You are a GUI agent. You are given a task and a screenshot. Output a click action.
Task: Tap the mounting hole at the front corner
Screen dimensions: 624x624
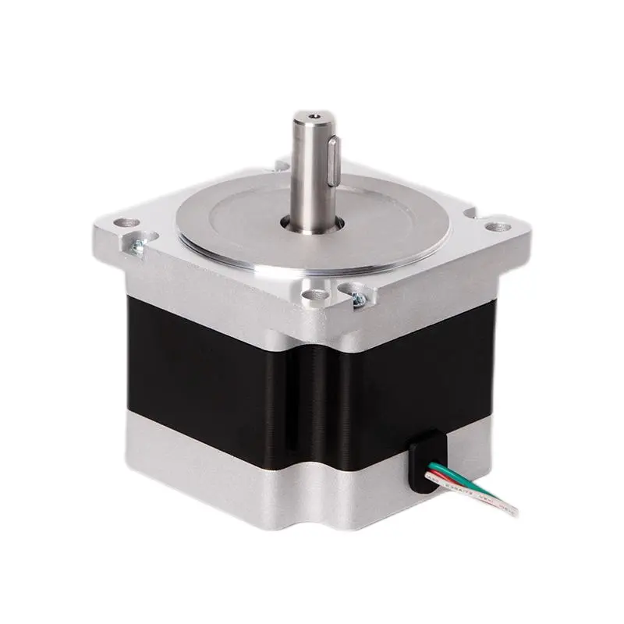coord(315,296)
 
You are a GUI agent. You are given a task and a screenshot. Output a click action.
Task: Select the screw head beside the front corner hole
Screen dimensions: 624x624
coord(360,297)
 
